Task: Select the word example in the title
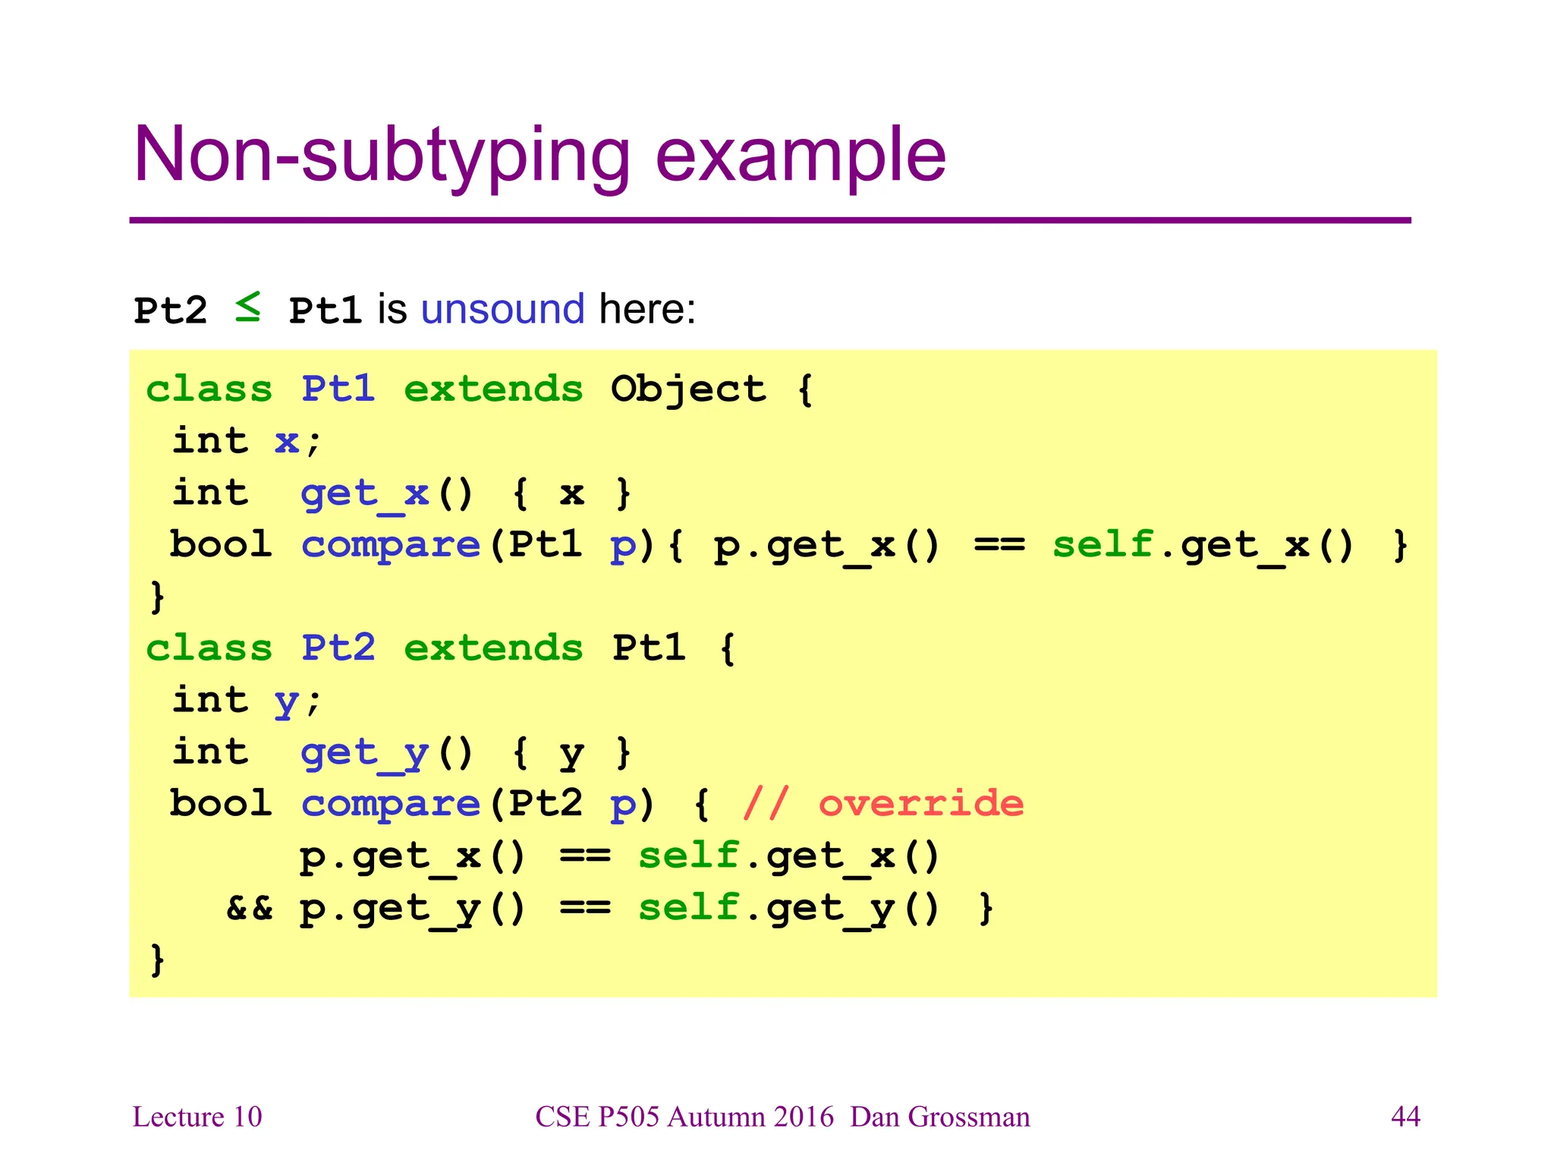tap(800, 156)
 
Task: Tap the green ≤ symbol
tap(248, 307)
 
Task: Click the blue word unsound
tap(502, 309)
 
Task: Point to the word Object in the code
tap(688, 389)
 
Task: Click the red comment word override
tap(921, 803)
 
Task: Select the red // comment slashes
tap(766, 803)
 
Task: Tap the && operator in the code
tap(250, 908)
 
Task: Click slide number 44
tap(1405, 1117)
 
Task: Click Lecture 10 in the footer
tap(197, 1117)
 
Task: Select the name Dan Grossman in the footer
tap(940, 1117)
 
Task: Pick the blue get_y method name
tap(366, 754)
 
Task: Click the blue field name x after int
tap(286, 442)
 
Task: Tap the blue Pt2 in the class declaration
tap(338, 648)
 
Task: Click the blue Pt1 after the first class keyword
tap(338, 389)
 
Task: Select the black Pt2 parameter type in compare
tap(546, 803)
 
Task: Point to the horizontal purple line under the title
tap(769, 220)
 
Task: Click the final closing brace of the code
tap(157, 960)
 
